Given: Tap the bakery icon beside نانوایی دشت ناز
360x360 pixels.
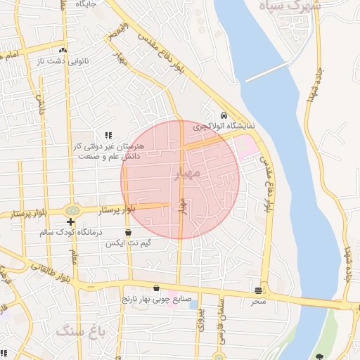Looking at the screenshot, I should pos(63,51).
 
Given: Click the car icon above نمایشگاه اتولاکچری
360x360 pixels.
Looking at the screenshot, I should pos(224,115).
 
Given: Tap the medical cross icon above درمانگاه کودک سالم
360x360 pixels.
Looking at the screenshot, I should pos(70,221).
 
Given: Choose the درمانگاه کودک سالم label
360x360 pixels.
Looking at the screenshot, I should pos(70,232).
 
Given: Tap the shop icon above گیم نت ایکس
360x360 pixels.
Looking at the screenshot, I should pos(128,232).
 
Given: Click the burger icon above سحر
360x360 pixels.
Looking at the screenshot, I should pos(259,290).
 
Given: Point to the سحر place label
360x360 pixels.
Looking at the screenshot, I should pos(259,300).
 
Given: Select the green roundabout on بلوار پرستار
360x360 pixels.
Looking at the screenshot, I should pos(72,210).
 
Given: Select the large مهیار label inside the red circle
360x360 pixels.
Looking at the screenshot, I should pos(188,172).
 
